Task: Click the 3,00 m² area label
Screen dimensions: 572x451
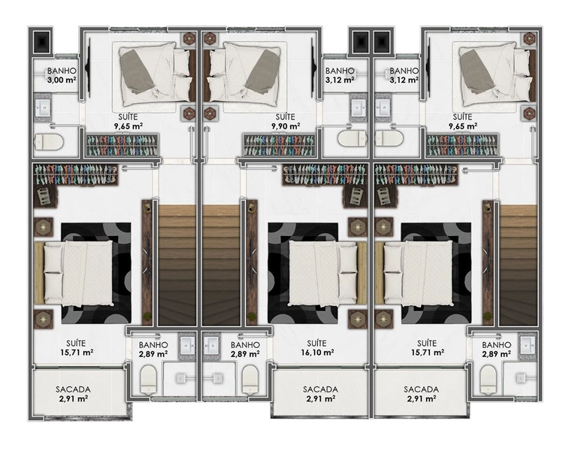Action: pyautogui.click(x=62, y=80)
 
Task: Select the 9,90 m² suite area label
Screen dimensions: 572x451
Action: pyautogui.click(x=286, y=126)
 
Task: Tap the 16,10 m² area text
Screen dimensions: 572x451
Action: pyautogui.click(x=316, y=353)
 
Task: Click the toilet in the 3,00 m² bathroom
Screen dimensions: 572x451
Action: pyautogui.click(x=49, y=141)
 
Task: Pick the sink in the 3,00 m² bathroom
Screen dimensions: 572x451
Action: pyautogui.click(x=43, y=107)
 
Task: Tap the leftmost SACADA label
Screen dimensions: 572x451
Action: pyautogui.click(x=73, y=389)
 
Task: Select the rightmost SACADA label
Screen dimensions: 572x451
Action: pyautogui.click(x=422, y=389)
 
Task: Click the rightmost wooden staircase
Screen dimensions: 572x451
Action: pyautogui.click(x=518, y=265)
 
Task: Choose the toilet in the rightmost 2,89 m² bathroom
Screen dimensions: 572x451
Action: pyautogui.click(x=488, y=380)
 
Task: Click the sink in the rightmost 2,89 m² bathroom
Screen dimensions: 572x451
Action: pyautogui.click(x=528, y=345)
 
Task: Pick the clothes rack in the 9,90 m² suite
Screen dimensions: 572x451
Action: pyautogui.click(x=280, y=145)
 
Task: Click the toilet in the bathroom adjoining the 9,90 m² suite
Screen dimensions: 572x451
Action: pyautogui.click(x=353, y=138)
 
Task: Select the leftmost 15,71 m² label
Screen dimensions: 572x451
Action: pyautogui.click(x=76, y=353)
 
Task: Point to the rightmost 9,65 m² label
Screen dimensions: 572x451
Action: pyautogui.click(x=462, y=126)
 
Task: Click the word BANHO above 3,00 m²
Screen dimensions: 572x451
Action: pyautogui.click(x=62, y=71)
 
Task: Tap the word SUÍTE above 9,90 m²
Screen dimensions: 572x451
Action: pyautogui.click(x=286, y=117)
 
